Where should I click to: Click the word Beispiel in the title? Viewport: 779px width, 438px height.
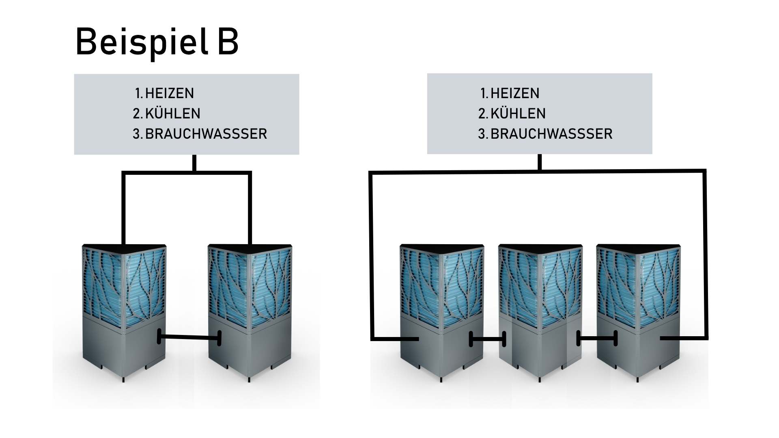142,42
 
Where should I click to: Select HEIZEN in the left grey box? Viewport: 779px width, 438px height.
169,93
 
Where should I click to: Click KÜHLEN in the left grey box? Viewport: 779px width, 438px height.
172,114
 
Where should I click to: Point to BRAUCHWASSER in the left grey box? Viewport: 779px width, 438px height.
206,134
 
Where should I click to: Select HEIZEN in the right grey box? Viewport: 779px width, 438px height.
515,93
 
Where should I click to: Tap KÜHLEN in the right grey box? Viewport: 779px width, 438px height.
518,114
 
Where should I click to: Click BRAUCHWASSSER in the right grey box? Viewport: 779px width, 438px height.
551,134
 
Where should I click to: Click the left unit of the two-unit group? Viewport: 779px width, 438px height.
124,312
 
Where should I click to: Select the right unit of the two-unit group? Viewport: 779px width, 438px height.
250,312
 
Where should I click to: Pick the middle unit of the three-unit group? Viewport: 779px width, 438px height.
540,312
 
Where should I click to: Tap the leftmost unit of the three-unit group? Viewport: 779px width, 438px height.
442,312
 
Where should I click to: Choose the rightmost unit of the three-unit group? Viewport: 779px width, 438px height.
639,312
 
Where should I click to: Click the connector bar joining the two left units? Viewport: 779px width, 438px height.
189,337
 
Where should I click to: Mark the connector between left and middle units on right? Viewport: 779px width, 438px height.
487,339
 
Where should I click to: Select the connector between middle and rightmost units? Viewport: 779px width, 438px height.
597,338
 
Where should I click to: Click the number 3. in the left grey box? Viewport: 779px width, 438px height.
138,134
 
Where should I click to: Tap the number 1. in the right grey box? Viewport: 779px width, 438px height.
484,93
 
